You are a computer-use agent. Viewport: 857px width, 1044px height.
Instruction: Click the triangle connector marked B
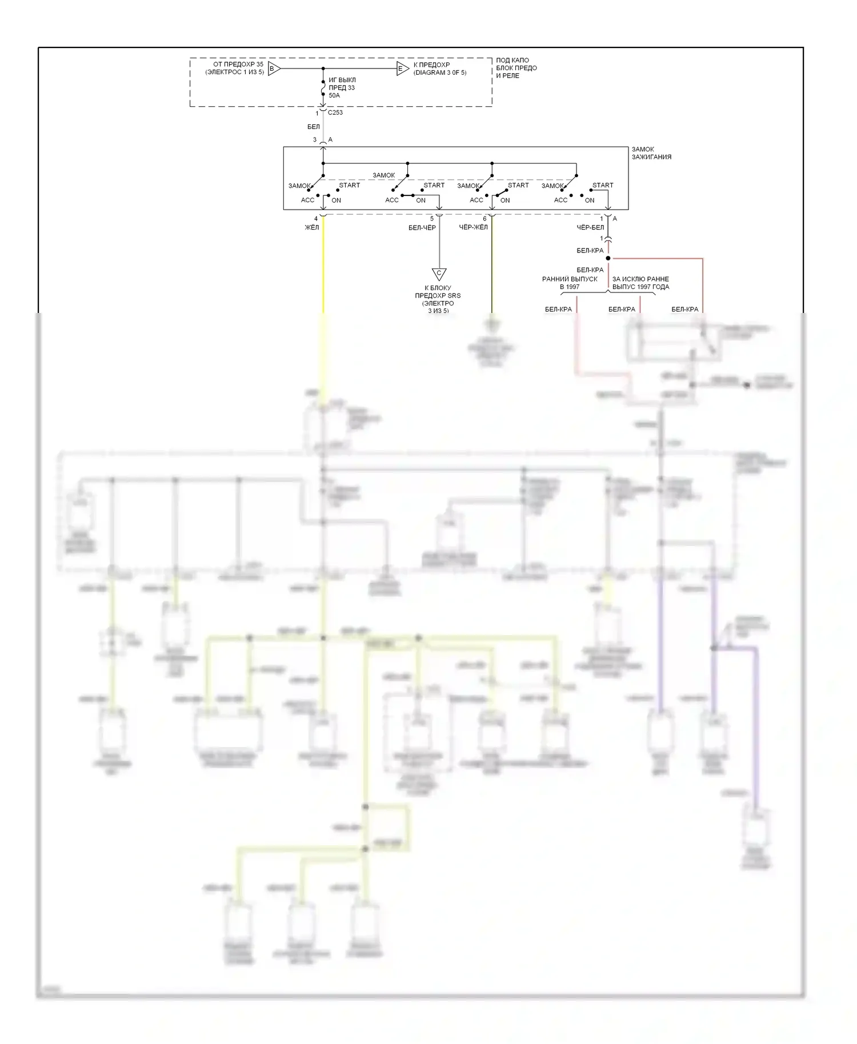[273, 69]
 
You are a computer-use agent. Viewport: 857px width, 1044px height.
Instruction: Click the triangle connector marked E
[402, 69]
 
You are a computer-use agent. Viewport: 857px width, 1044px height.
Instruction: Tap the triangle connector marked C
[439, 274]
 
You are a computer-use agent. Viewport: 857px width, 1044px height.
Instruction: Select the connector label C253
[335, 113]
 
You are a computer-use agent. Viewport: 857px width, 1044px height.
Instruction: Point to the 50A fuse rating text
[334, 95]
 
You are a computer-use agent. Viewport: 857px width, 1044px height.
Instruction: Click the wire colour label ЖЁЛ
[312, 228]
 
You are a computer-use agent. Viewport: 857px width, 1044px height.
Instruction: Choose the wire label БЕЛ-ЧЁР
[422, 228]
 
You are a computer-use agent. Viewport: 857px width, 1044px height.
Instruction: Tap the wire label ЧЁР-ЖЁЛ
[474, 228]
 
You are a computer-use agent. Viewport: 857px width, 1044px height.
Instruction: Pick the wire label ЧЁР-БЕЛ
[590, 228]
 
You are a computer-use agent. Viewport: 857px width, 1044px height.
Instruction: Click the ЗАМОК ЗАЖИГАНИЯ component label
[651, 153]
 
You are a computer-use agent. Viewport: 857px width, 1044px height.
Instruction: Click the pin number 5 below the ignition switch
[432, 219]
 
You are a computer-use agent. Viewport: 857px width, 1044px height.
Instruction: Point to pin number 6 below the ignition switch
[485, 219]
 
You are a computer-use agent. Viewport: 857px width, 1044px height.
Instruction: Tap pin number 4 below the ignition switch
[316, 219]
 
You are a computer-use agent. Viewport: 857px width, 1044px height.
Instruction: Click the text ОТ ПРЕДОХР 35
[238, 65]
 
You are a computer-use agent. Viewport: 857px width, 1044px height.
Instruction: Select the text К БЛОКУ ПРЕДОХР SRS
[438, 292]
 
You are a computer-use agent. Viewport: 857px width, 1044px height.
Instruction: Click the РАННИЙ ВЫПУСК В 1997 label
[570, 283]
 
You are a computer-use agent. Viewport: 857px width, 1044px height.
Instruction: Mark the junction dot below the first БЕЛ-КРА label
[608, 258]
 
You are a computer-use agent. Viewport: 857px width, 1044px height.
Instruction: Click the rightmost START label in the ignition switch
[603, 185]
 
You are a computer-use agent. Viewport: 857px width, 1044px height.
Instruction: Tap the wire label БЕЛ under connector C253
[314, 127]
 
